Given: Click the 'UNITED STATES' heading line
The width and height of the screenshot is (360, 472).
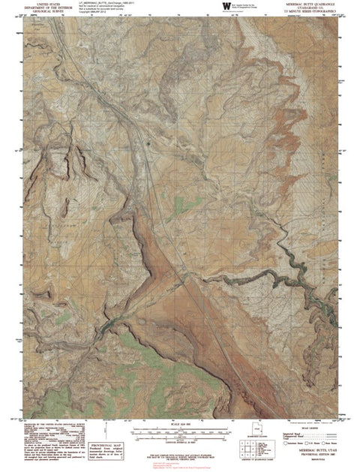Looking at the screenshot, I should pos(42,3).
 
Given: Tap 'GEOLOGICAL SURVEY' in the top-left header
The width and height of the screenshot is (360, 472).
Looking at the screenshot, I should pos(42,12).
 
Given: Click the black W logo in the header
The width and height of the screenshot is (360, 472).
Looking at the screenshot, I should pos(227,7).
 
